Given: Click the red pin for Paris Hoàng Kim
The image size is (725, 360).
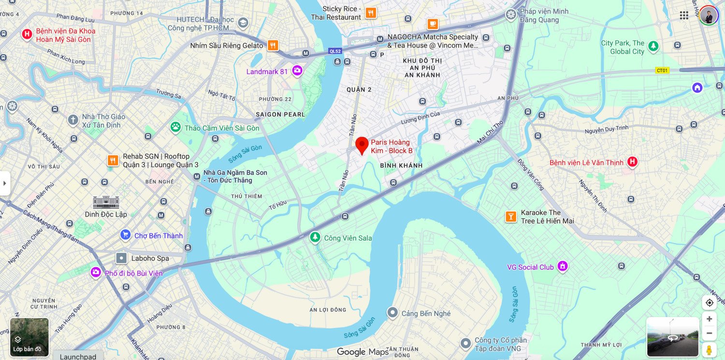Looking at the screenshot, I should [362, 144].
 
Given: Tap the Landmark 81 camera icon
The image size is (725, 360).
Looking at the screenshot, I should [297, 71].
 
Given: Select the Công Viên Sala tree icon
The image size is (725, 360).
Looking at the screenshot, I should [315, 237].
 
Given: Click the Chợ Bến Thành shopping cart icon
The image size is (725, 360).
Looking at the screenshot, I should [126, 235].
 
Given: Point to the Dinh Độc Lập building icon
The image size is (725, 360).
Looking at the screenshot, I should [106, 202].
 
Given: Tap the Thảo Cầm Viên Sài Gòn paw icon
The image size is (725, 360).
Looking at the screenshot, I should [175, 128].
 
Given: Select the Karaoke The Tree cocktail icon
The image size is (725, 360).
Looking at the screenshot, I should [511, 216].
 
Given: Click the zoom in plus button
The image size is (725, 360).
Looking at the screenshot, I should [709, 319].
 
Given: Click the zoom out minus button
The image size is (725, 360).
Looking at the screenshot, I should [709, 333].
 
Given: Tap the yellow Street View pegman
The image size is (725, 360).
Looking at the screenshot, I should [709, 350].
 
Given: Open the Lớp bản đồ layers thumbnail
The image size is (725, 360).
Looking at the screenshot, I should [29, 337].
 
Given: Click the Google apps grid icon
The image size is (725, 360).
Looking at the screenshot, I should [684, 15].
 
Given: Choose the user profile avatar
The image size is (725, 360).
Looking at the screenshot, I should [709, 15].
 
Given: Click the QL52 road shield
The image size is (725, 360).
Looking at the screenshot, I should [335, 51].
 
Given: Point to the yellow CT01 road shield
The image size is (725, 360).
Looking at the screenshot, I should [662, 71].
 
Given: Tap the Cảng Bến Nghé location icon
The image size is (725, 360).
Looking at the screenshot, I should [392, 313].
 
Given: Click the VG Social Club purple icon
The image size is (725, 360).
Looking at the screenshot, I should [562, 267].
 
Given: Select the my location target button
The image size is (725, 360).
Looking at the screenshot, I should [709, 302].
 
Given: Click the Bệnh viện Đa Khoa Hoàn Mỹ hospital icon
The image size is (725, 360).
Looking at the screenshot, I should [27, 34].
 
